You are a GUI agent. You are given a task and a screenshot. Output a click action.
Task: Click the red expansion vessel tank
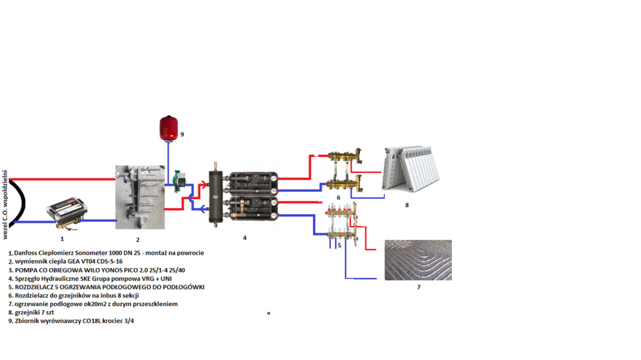[168, 128]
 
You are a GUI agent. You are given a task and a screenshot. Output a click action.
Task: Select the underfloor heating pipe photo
[418, 259]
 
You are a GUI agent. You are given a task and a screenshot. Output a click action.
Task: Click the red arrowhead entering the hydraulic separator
[203, 185]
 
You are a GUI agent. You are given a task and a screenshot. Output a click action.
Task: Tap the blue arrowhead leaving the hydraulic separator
[195, 203]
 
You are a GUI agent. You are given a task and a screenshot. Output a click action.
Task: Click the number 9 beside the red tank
[182, 134]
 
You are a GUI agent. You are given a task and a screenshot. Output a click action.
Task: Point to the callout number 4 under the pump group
[245, 238]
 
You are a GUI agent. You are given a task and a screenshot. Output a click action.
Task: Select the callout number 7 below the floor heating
[419, 287]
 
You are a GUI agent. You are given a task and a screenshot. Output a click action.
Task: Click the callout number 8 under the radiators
[407, 205]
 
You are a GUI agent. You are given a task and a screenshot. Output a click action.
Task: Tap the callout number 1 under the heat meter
[62, 239]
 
